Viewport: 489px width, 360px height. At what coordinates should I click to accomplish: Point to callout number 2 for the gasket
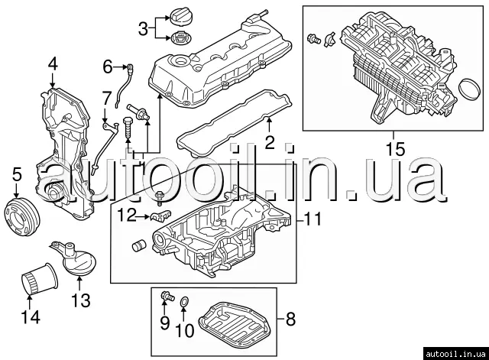(x=268, y=141)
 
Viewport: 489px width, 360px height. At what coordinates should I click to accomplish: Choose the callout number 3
(x=143, y=29)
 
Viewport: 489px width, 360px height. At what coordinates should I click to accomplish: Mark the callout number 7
(x=106, y=97)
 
